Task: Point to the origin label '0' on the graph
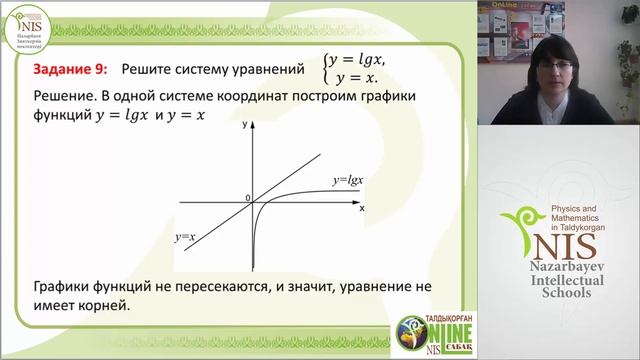tap(247, 199)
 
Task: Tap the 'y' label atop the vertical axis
tap(245, 128)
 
